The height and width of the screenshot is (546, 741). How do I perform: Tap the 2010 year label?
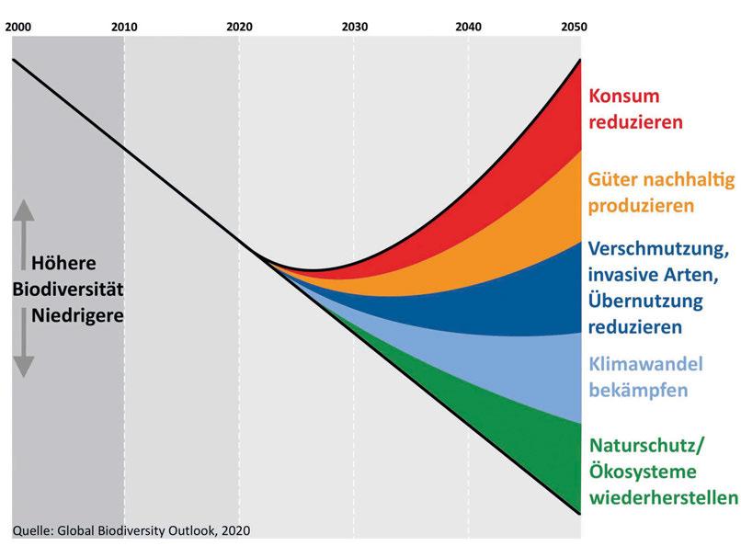point(124,28)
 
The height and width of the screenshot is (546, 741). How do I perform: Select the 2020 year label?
point(239,28)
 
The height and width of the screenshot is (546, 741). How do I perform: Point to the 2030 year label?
point(354,28)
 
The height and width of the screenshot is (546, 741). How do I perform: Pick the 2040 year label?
point(468,28)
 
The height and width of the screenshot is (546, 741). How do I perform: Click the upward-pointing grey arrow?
point(24,226)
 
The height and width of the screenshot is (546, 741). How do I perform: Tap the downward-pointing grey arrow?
point(24,348)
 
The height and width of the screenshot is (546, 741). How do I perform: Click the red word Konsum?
point(625,97)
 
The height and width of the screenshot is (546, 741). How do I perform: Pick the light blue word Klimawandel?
point(645,364)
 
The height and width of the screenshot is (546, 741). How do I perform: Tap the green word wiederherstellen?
point(663,498)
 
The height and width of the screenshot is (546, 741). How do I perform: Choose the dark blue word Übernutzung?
point(644,301)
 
